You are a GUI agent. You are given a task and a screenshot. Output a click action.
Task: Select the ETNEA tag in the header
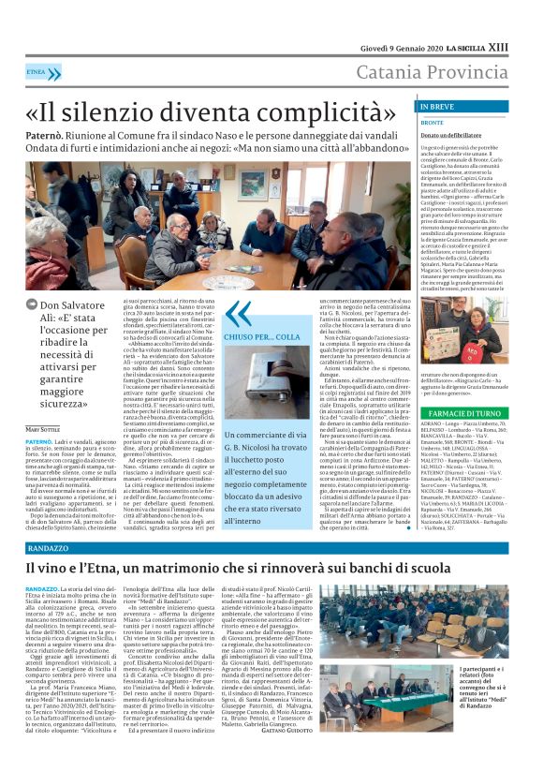(37, 71)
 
